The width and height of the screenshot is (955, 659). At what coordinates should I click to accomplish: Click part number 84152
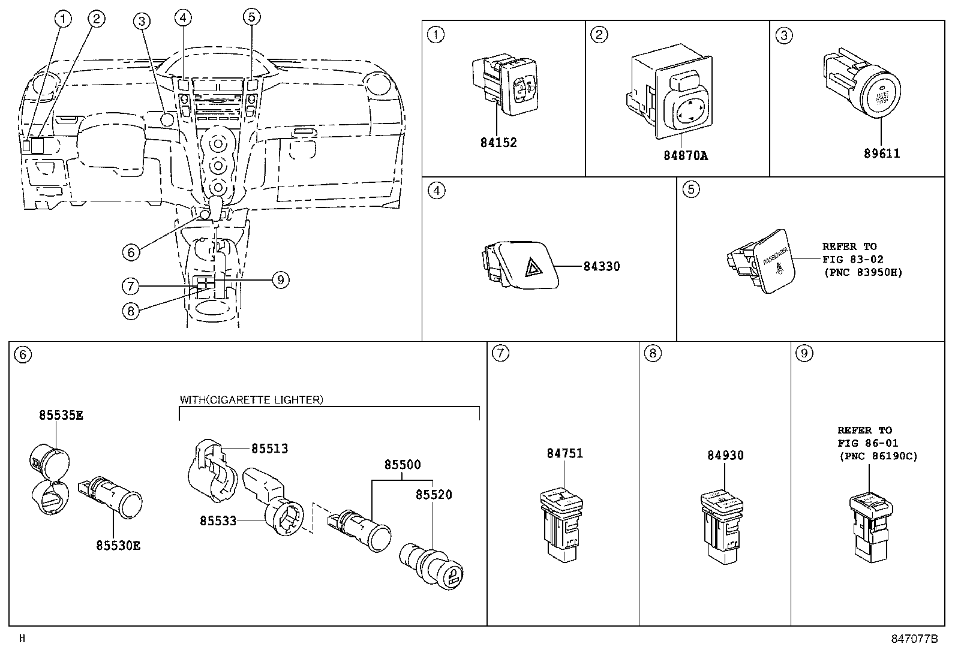(x=498, y=143)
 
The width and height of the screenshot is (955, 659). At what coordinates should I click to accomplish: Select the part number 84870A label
(x=685, y=156)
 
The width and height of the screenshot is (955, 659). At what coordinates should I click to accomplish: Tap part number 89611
(x=882, y=154)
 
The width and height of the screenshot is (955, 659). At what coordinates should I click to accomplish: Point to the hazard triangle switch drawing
(x=519, y=264)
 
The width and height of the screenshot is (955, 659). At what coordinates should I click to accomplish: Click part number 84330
(x=602, y=266)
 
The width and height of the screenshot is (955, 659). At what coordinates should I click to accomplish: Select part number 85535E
(x=61, y=415)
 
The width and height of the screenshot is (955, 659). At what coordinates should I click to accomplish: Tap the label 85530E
(x=118, y=546)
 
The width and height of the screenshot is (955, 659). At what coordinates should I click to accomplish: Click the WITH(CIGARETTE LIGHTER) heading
(x=251, y=400)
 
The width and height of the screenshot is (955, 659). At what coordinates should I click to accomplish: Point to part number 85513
(x=269, y=449)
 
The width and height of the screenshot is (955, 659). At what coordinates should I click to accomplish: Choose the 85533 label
(x=218, y=522)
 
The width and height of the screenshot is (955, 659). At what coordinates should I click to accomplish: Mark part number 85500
(x=403, y=465)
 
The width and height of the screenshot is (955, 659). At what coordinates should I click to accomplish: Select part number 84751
(x=564, y=454)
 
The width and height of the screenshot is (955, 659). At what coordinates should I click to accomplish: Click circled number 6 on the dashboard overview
(x=131, y=252)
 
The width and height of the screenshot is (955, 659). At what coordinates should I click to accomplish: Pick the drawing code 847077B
(x=913, y=639)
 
